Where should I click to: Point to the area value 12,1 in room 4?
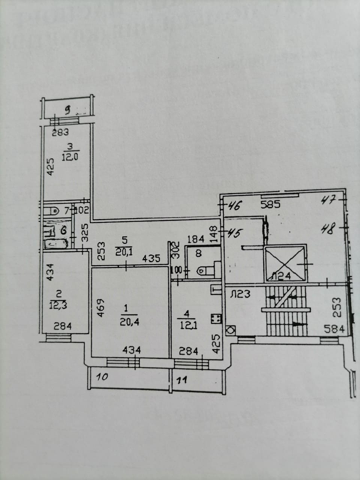tap(189, 325)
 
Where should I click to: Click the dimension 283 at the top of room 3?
tap(60, 132)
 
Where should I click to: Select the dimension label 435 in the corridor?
tap(151, 258)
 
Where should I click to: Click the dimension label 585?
tap(271, 205)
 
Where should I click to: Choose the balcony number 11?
tap(181, 380)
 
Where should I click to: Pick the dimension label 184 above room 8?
tap(195, 238)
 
